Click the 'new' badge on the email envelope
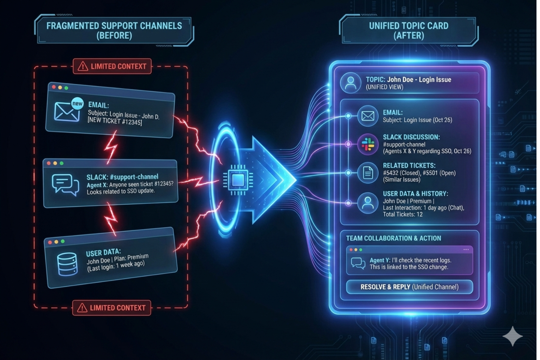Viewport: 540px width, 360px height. [77, 103]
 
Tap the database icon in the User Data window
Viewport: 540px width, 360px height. [67, 264]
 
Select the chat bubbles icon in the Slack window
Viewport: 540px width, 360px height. [65, 184]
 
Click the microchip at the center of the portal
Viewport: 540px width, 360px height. [238, 180]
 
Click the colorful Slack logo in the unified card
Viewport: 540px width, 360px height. [368, 144]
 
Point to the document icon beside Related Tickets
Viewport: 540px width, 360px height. [368, 173]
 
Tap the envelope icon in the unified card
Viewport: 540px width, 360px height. [368, 116]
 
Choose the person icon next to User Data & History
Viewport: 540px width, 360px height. [368, 203]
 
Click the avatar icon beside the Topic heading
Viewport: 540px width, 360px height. [351, 83]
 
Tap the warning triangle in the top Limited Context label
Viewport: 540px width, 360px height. [83, 66]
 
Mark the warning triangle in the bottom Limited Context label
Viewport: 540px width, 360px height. [82, 308]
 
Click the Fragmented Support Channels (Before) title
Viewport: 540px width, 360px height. [114, 31]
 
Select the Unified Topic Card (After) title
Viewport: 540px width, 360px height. [409, 31]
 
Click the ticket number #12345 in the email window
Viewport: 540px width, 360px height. [132, 122]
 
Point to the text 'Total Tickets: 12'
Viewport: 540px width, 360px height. [403, 214]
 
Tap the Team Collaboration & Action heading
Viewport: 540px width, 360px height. [393, 238]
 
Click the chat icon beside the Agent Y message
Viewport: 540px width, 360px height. [358, 263]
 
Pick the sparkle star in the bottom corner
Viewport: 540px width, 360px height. [513, 336]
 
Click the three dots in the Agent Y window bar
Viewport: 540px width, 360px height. [466, 250]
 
